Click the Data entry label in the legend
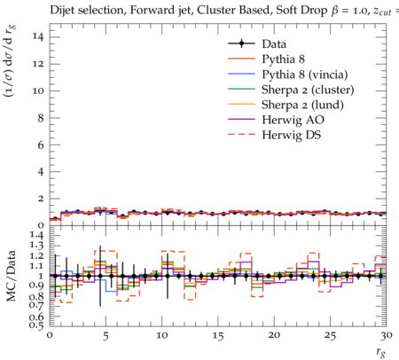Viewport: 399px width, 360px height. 274,44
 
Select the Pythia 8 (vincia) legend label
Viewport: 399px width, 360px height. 305,74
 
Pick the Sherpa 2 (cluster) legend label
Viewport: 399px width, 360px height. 308,90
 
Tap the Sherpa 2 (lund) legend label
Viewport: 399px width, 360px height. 302,105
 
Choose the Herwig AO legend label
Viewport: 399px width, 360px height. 293,120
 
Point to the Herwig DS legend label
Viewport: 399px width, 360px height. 291,135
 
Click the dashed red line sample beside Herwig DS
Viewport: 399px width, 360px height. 241,135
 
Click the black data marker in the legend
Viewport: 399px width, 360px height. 241,43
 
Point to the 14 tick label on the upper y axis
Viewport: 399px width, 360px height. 38,37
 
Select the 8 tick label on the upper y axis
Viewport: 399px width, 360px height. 41,118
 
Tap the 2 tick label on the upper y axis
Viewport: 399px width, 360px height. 41,199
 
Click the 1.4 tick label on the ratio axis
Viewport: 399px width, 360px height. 36,236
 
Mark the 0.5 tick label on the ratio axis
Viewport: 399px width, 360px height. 36,325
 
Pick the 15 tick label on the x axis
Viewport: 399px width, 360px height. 218,336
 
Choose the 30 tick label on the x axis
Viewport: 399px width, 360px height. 387,336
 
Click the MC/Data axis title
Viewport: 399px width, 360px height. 11,276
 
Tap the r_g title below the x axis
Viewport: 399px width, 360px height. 381,352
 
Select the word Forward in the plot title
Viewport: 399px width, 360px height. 149,11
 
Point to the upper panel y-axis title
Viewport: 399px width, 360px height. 10,61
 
